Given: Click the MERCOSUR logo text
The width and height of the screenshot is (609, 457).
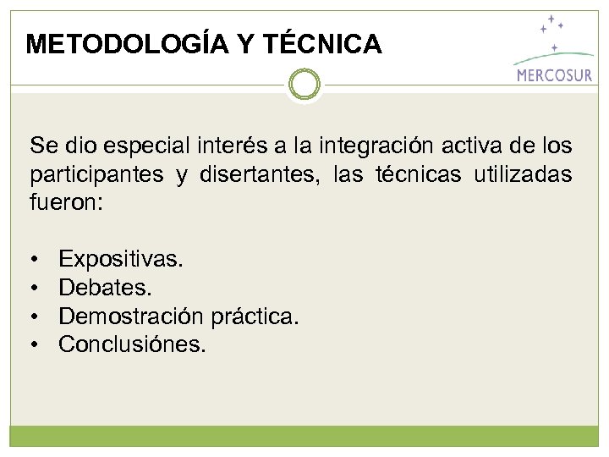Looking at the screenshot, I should click(x=554, y=74).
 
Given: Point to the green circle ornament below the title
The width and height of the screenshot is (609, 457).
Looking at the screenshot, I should click(x=304, y=84).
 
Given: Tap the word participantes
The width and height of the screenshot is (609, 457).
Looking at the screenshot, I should click(x=96, y=175).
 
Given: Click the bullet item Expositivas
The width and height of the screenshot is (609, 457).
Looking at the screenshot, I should click(x=120, y=258).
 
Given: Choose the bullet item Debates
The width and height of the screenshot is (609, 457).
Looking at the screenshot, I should click(x=106, y=288).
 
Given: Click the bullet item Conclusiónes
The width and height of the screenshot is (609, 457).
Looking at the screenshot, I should click(x=132, y=345).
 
